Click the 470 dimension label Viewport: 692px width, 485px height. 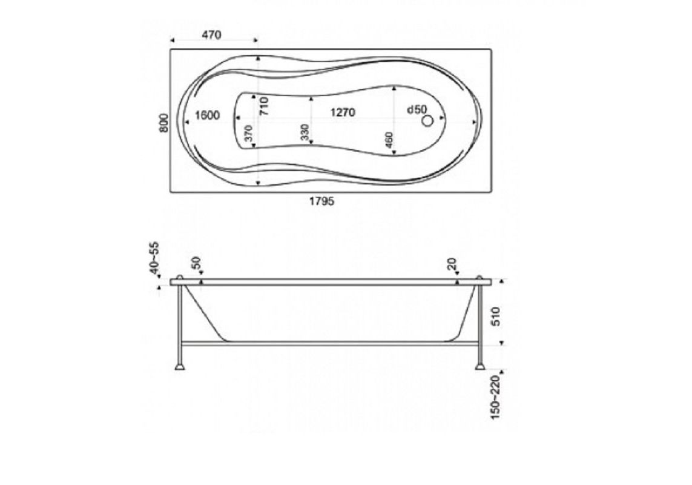(x=212, y=35)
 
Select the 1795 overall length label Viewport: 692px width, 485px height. (x=321, y=202)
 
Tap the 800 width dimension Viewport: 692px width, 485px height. (x=163, y=123)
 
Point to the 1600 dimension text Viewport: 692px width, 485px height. (x=207, y=115)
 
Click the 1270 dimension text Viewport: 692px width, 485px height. (x=343, y=113)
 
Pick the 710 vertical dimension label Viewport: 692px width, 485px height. (x=263, y=107)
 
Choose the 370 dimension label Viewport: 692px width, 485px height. (x=248, y=133)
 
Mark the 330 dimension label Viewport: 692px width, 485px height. (x=305, y=133)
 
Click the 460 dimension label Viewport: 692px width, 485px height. (x=389, y=141)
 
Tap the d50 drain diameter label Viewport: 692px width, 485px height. (x=417, y=109)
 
